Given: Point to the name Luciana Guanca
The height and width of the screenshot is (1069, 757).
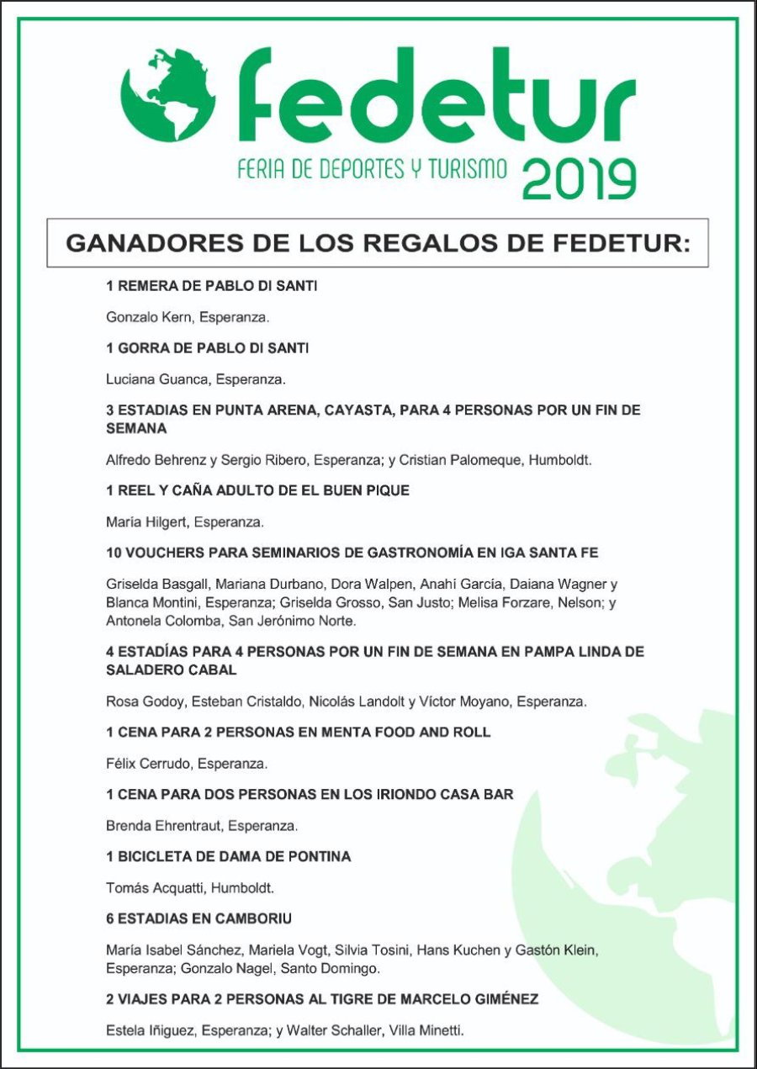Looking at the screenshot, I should pyautogui.click(x=157, y=379).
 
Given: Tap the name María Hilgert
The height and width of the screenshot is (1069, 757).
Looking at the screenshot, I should pyautogui.click(x=146, y=522).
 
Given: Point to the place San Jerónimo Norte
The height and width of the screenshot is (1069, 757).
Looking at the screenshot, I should pyautogui.click(x=286, y=621).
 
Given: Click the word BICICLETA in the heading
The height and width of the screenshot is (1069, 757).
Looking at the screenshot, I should pyautogui.click(x=158, y=856).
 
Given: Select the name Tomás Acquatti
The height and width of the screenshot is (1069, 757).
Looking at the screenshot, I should pyautogui.click(x=154, y=887).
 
